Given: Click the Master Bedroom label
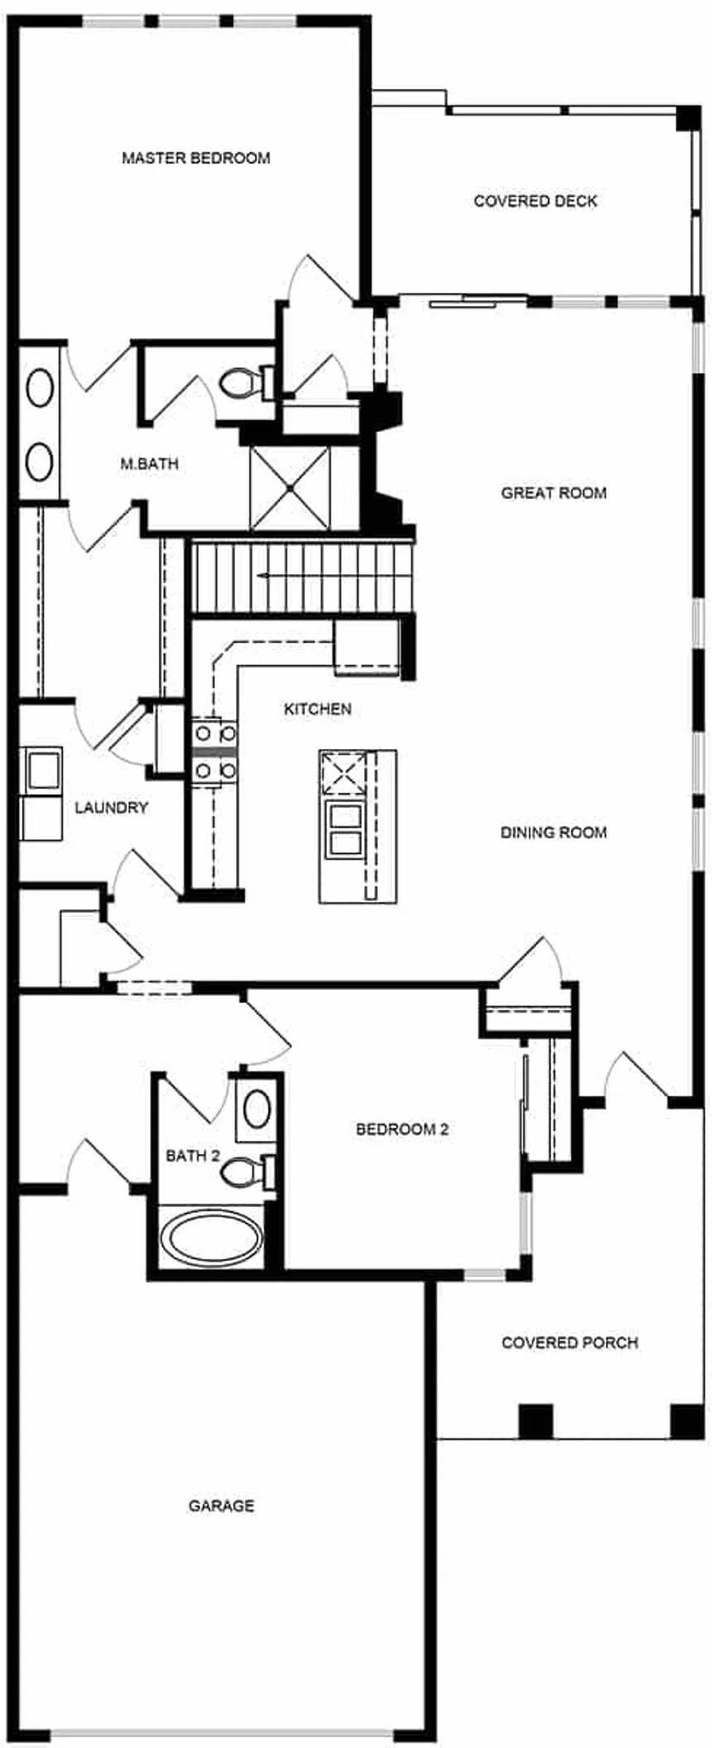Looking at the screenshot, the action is click(x=196, y=157).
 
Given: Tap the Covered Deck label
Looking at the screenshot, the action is click(x=536, y=200).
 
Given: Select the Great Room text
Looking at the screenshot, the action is click(x=554, y=493).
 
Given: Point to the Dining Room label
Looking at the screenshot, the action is click(x=554, y=833).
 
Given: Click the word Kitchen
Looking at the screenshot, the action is click(x=318, y=709).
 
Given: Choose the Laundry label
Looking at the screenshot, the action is click(x=112, y=808).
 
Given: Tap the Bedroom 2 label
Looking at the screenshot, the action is click(x=402, y=1129).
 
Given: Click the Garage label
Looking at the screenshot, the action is click(x=221, y=1505).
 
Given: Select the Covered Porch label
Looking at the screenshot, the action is click(x=570, y=1342).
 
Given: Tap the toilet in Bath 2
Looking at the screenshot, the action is click(x=249, y=1171).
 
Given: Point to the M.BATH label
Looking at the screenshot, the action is click(x=149, y=464).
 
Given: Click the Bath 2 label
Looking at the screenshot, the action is click(x=193, y=1156).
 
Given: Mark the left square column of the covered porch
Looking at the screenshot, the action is click(x=535, y=1421).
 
